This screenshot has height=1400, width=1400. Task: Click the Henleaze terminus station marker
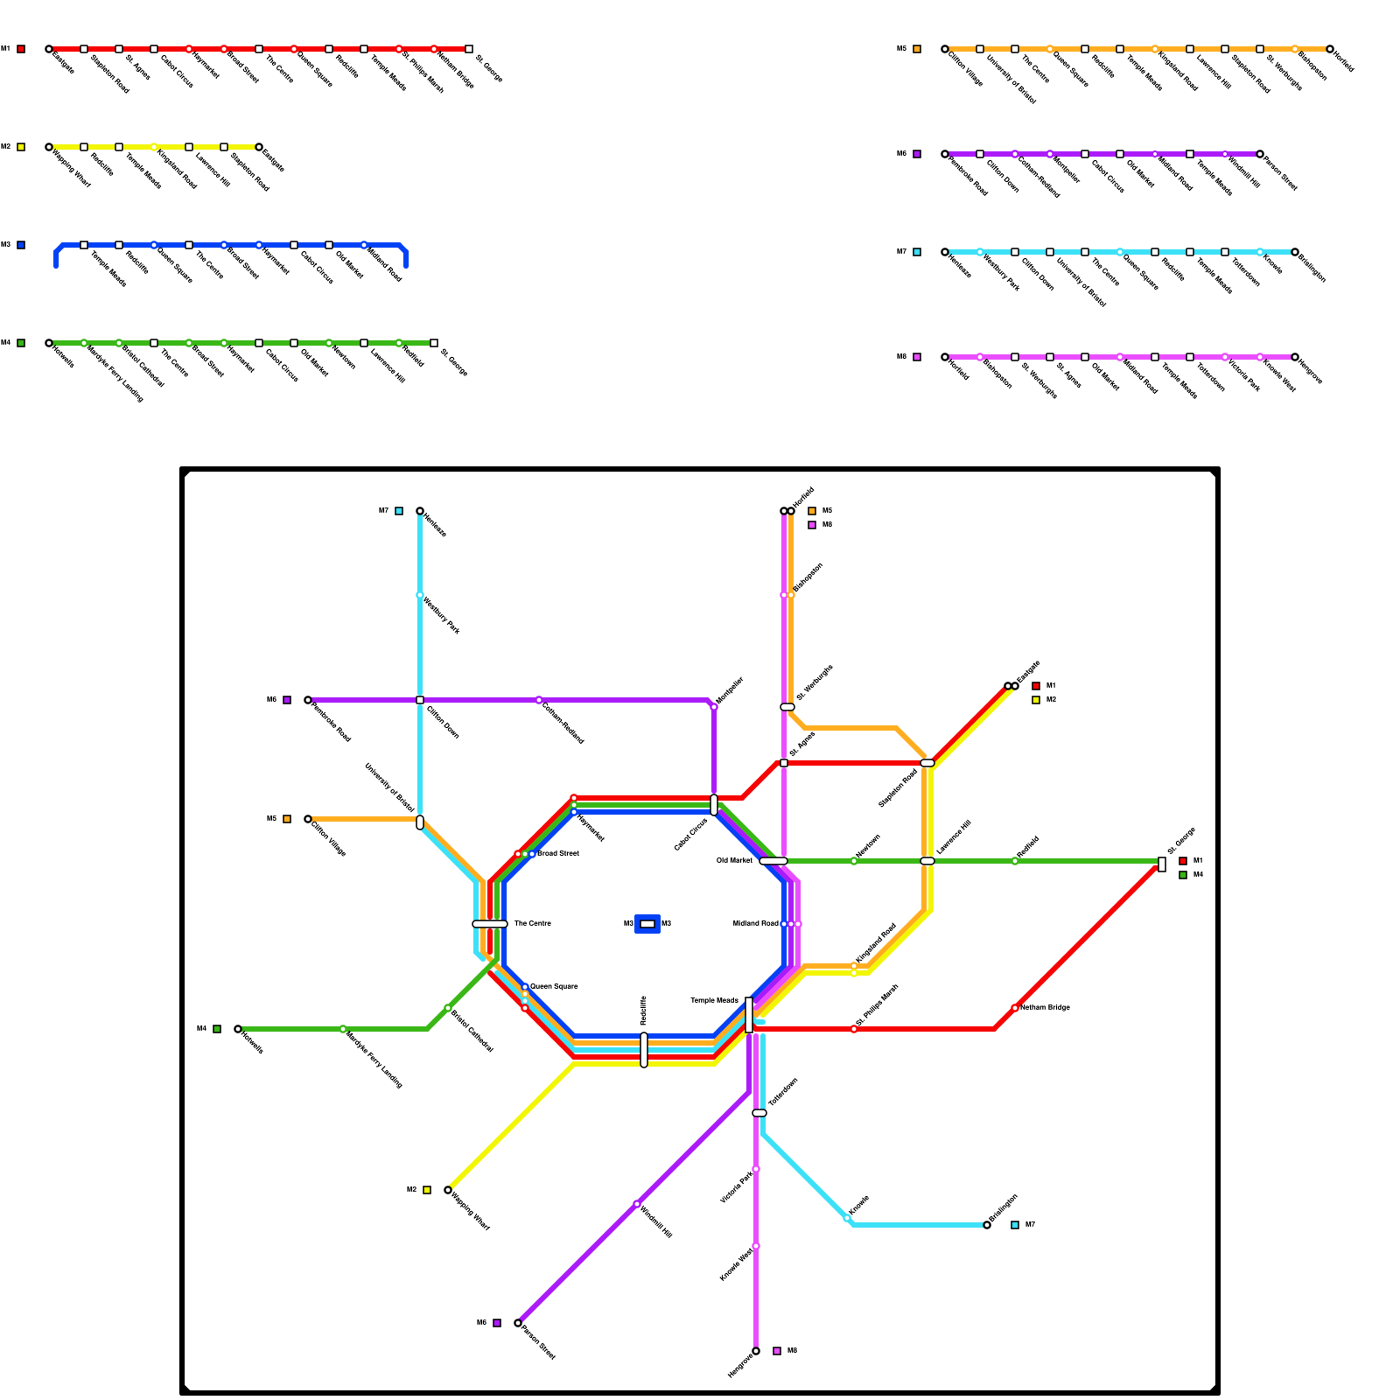coord(420,511)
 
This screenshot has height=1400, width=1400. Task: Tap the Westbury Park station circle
coord(420,595)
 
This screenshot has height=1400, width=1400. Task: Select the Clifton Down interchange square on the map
coord(420,700)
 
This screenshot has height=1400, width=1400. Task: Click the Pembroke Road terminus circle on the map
coord(308,700)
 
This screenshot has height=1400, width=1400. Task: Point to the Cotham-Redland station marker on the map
coord(539,700)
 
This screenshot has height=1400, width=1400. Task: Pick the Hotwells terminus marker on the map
coord(238,1029)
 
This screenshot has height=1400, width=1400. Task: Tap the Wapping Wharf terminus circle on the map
coord(448,1190)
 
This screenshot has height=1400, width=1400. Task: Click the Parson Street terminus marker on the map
coord(518,1323)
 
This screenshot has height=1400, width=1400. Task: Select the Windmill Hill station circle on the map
coord(637,1204)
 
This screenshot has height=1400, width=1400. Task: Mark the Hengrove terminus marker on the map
coord(756,1351)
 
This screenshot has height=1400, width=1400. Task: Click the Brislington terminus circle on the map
coord(987,1225)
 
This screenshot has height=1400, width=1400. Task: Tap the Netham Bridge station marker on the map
coord(1015,1008)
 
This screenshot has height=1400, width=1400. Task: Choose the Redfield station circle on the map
coord(1015,861)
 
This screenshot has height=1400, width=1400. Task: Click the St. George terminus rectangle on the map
coord(1162,864)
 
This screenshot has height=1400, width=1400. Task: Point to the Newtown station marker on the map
coord(854,861)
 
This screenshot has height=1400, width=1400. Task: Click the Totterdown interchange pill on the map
coord(759,1113)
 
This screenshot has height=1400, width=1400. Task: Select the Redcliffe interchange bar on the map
coord(644,1050)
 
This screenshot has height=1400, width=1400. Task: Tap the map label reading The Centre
coord(532,924)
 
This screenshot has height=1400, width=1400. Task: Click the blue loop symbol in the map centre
coord(647,924)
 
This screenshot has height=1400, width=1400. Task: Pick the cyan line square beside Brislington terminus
coord(1015,1225)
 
